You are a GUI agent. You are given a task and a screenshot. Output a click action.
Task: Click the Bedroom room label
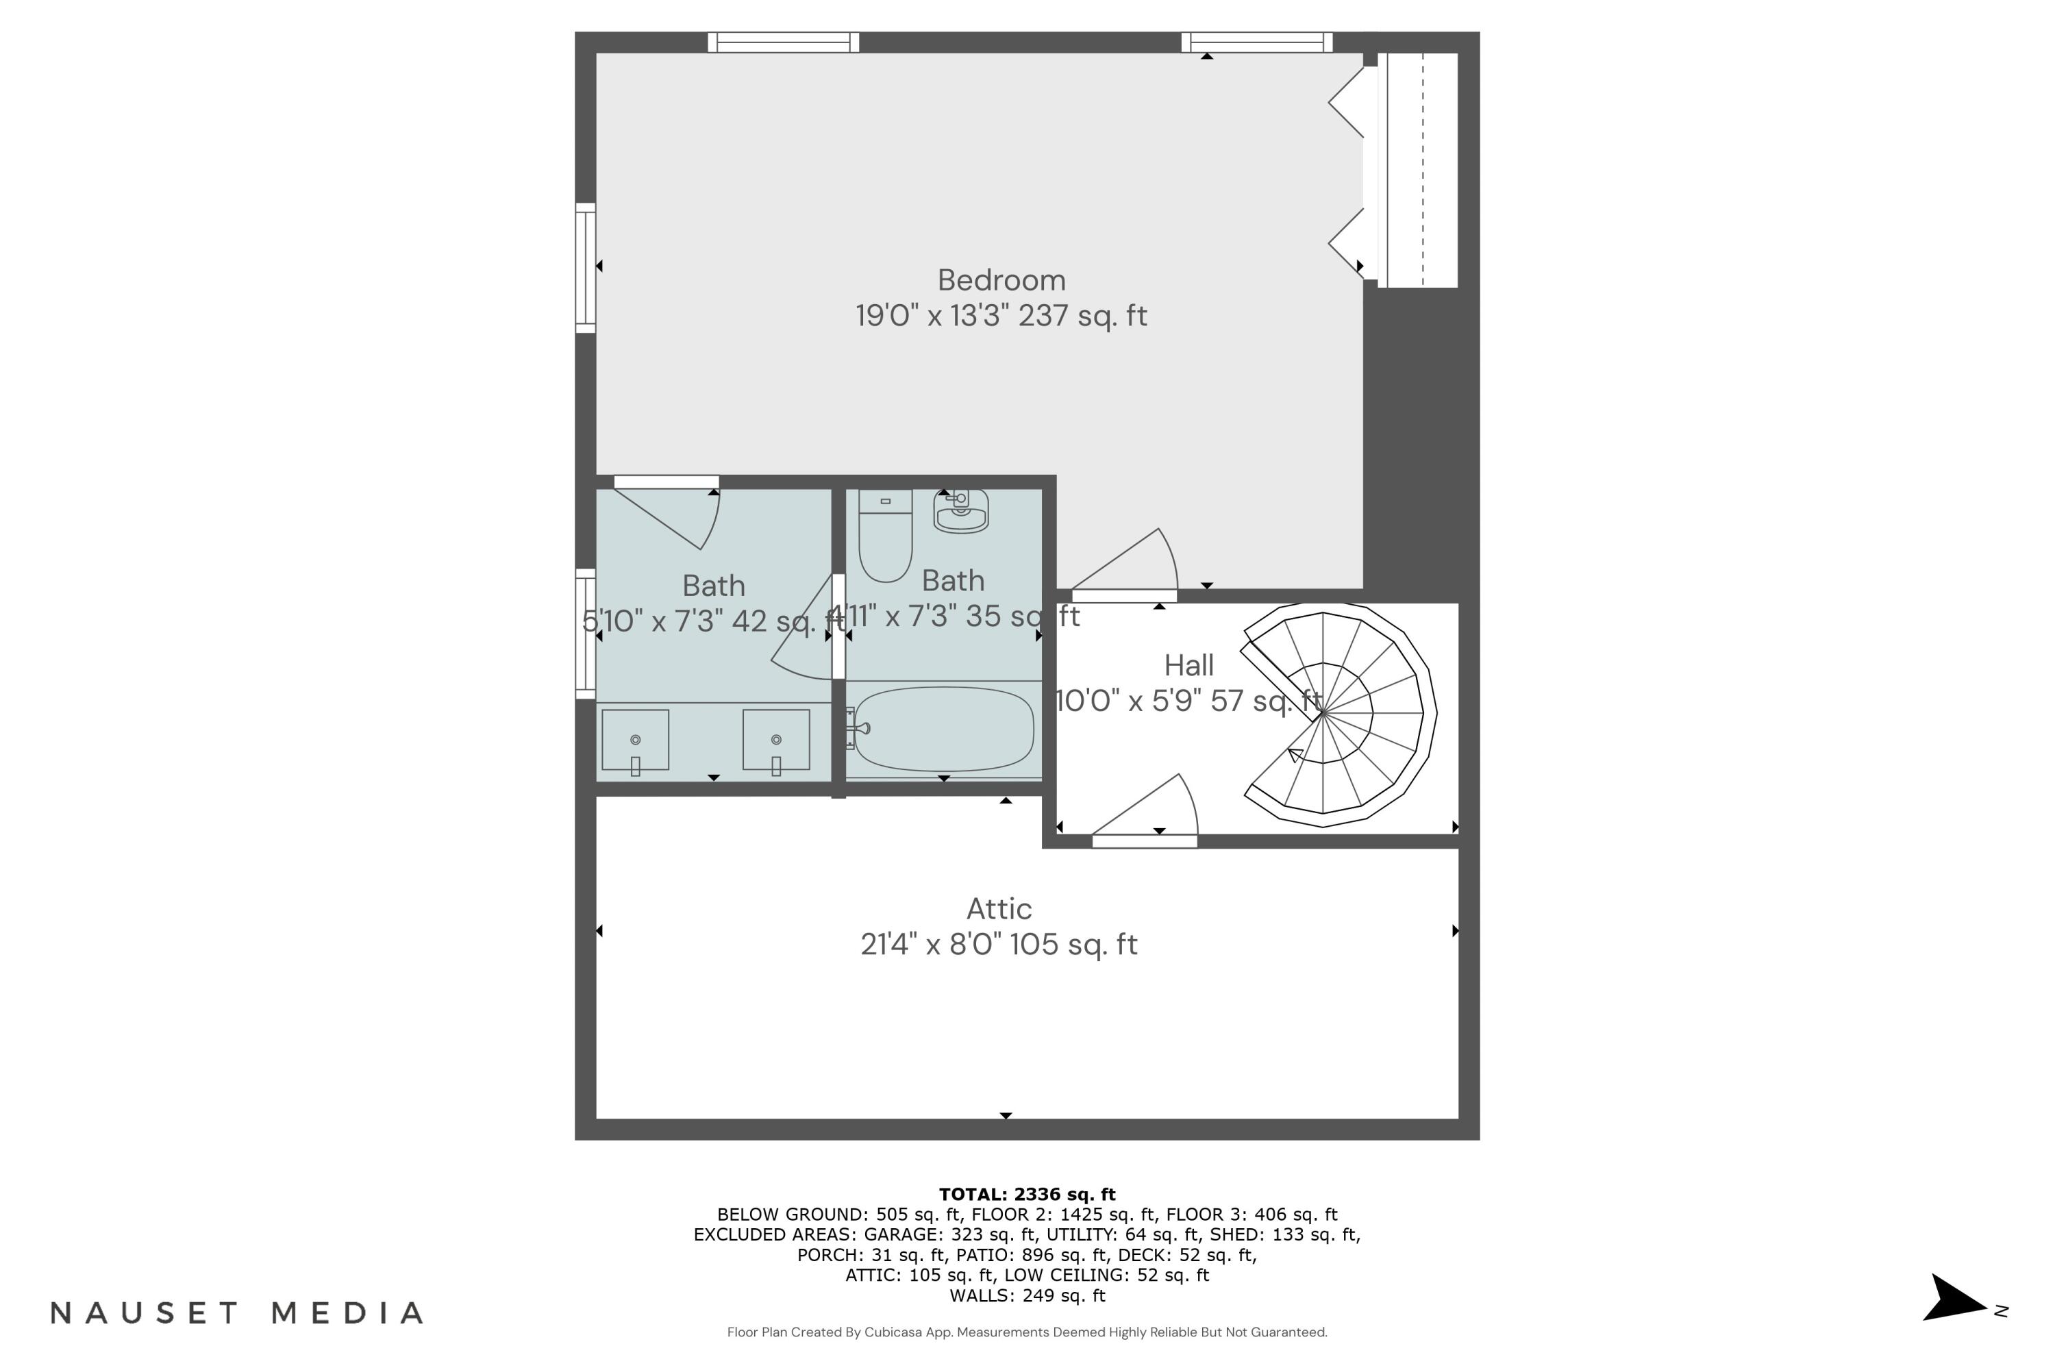[x=1001, y=280]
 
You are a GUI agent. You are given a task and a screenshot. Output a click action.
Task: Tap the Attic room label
[x=999, y=910]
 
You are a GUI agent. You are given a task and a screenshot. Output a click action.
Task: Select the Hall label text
[x=1188, y=666]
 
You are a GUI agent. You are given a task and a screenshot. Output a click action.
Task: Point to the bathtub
[x=944, y=729]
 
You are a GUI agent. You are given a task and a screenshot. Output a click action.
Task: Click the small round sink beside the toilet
[x=961, y=511]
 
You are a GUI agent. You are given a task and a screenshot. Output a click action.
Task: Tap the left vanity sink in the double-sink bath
[x=635, y=740]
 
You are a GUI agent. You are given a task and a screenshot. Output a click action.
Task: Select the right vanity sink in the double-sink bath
[x=776, y=740]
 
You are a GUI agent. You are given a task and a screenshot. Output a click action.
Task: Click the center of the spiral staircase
[x=1323, y=714]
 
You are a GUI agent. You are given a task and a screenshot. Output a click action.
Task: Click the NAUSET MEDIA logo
[x=237, y=1312]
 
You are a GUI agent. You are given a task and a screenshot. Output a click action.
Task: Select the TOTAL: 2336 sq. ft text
[x=1027, y=1195]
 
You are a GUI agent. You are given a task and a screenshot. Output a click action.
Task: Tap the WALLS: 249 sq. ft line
[x=1027, y=1296]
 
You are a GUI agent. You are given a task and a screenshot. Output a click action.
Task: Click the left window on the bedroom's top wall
[x=783, y=42]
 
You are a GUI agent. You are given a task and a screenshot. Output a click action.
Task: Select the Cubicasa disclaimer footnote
[x=1027, y=1332]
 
